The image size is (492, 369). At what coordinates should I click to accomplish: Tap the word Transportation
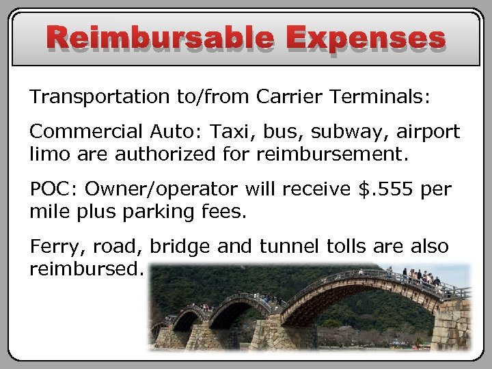[x=100, y=98]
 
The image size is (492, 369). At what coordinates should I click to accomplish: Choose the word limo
[x=50, y=154]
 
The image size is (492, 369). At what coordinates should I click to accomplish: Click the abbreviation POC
[x=53, y=189]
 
